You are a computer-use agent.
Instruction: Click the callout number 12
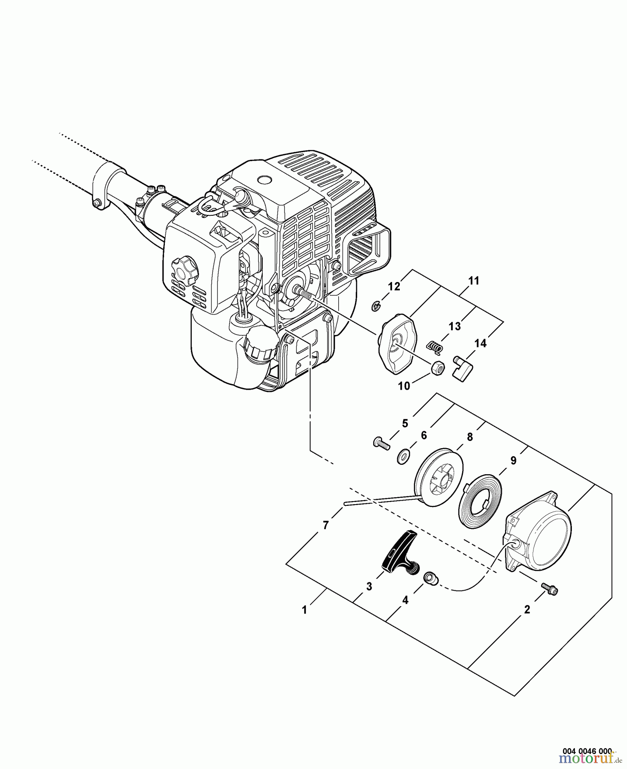pyautogui.click(x=394, y=286)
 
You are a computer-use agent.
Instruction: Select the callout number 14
pyautogui.click(x=481, y=343)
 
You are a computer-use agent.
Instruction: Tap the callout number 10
pyautogui.click(x=404, y=386)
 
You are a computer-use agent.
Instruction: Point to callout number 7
pyautogui.click(x=325, y=525)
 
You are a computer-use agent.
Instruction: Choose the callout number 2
pyautogui.click(x=527, y=610)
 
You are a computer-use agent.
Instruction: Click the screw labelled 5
pyautogui.click(x=381, y=443)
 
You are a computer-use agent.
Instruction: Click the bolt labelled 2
pyautogui.click(x=550, y=589)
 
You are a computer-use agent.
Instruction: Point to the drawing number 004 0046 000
pyautogui.click(x=587, y=750)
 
